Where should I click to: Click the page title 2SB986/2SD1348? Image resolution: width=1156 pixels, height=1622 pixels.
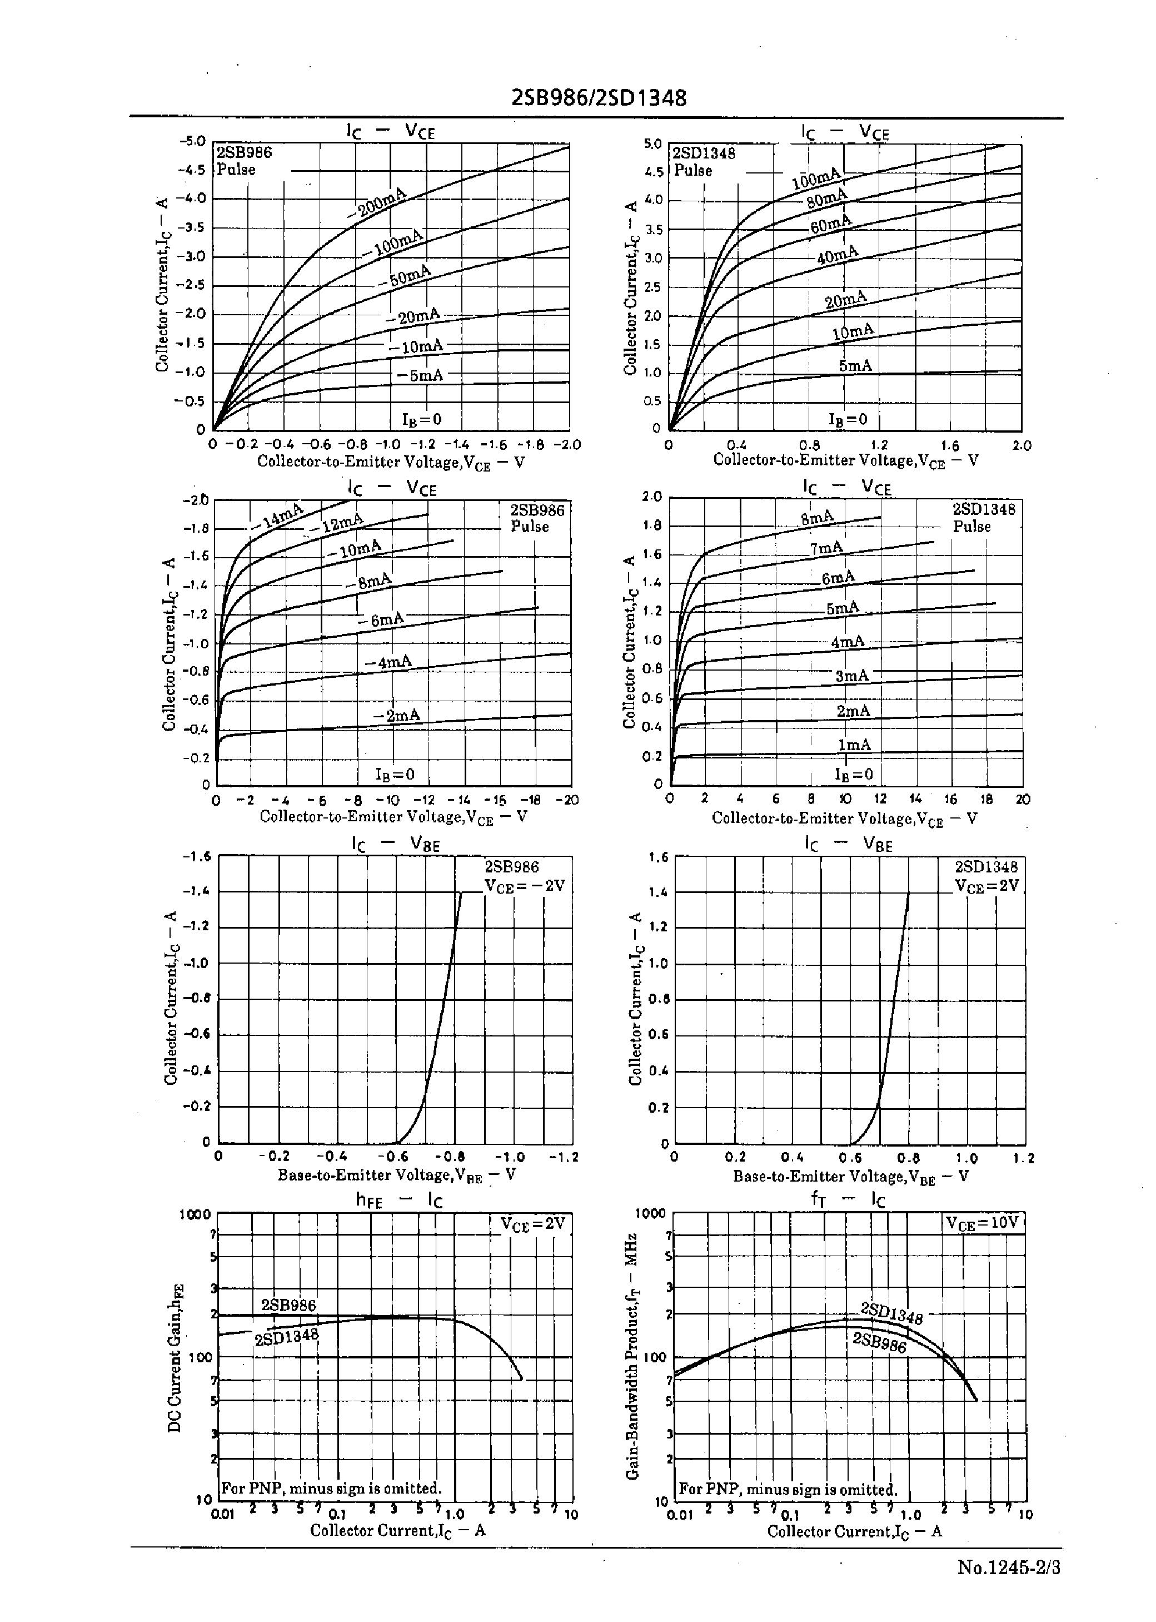(599, 97)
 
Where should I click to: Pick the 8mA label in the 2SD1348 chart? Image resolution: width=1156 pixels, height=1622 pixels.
(817, 518)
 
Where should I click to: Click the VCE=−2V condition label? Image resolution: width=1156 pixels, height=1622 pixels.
(525, 886)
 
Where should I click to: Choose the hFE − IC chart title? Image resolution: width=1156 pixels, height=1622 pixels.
(398, 1201)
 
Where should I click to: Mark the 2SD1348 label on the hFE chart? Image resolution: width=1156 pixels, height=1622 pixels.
(287, 1337)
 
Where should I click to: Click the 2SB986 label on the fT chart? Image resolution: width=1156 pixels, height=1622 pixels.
(880, 1342)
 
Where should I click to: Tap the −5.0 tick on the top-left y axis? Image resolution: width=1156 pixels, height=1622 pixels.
(192, 141)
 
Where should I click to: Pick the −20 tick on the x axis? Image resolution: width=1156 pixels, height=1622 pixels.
(567, 800)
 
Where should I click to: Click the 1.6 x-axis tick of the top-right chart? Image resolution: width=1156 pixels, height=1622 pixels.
(950, 446)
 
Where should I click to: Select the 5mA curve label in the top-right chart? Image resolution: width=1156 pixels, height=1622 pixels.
(855, 365)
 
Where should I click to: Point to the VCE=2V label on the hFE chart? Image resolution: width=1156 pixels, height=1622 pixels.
(532, 1223)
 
